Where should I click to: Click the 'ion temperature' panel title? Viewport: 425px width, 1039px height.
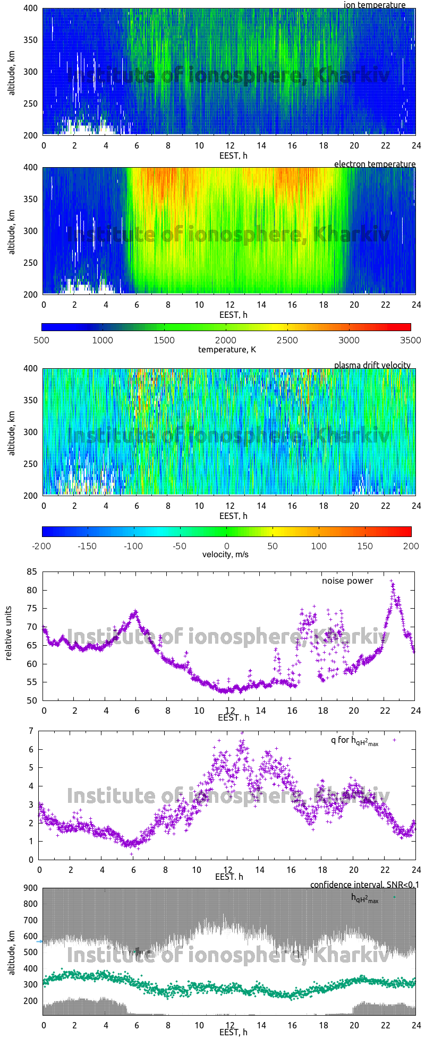[x=375, y=5]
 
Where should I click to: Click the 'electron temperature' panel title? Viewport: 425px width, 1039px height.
[x=375, y=164]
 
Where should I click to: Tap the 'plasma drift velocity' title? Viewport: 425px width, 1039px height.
[x=372, y=365]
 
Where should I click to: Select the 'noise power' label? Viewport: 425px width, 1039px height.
[x=347, y=581]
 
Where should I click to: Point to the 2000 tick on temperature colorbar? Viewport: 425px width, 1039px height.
[x=226, y=340]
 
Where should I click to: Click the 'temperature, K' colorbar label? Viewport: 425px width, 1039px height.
[x=227, y=349]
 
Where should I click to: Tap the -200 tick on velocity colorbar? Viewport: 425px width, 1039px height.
[x=42, y=546]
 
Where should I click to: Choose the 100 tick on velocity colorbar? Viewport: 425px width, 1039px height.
[x=319, y=546]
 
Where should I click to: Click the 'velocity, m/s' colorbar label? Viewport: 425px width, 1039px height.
[x=226, y=555]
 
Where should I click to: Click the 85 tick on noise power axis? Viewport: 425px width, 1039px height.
[x=32, y=572]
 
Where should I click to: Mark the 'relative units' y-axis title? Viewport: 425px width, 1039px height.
[x=8, y=636]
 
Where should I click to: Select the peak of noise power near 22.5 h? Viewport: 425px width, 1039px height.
[x=392, y=582]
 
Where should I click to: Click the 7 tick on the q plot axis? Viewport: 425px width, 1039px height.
[x=31, y=731]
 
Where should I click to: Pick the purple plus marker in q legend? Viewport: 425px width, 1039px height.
[x=394, y=739]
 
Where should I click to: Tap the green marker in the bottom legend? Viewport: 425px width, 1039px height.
[x=394, y=897]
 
